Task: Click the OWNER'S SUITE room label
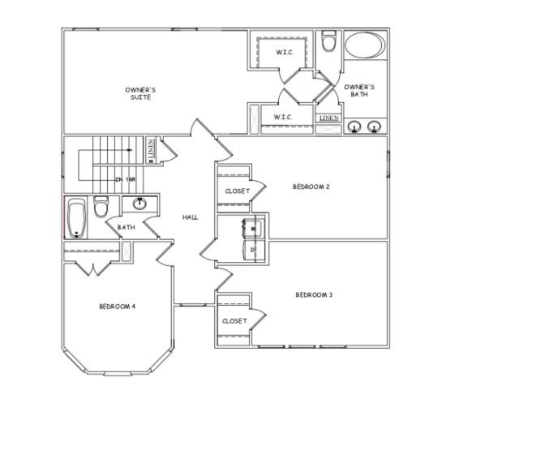pos(139,92)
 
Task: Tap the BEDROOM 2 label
pos(311,187)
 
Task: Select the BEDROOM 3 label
pos(314,294)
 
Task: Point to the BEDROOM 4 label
pos(117,306)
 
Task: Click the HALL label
pos(191,217)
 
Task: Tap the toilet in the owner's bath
pos(328,41)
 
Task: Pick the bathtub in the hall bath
pos(77,217)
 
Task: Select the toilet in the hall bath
pos(101,208)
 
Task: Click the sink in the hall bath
pos(140,203)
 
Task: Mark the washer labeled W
pos(252,229)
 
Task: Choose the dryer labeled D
pos(252,250)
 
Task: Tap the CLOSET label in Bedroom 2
pos(237,191)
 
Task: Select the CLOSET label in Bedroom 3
pos(234,321)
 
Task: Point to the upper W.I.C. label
pos(284,53)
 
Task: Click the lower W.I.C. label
pos(282,118)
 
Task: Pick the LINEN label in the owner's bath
pos(328,118)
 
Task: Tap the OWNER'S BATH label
pos(358,90)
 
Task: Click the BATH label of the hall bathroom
pos(126,228)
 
